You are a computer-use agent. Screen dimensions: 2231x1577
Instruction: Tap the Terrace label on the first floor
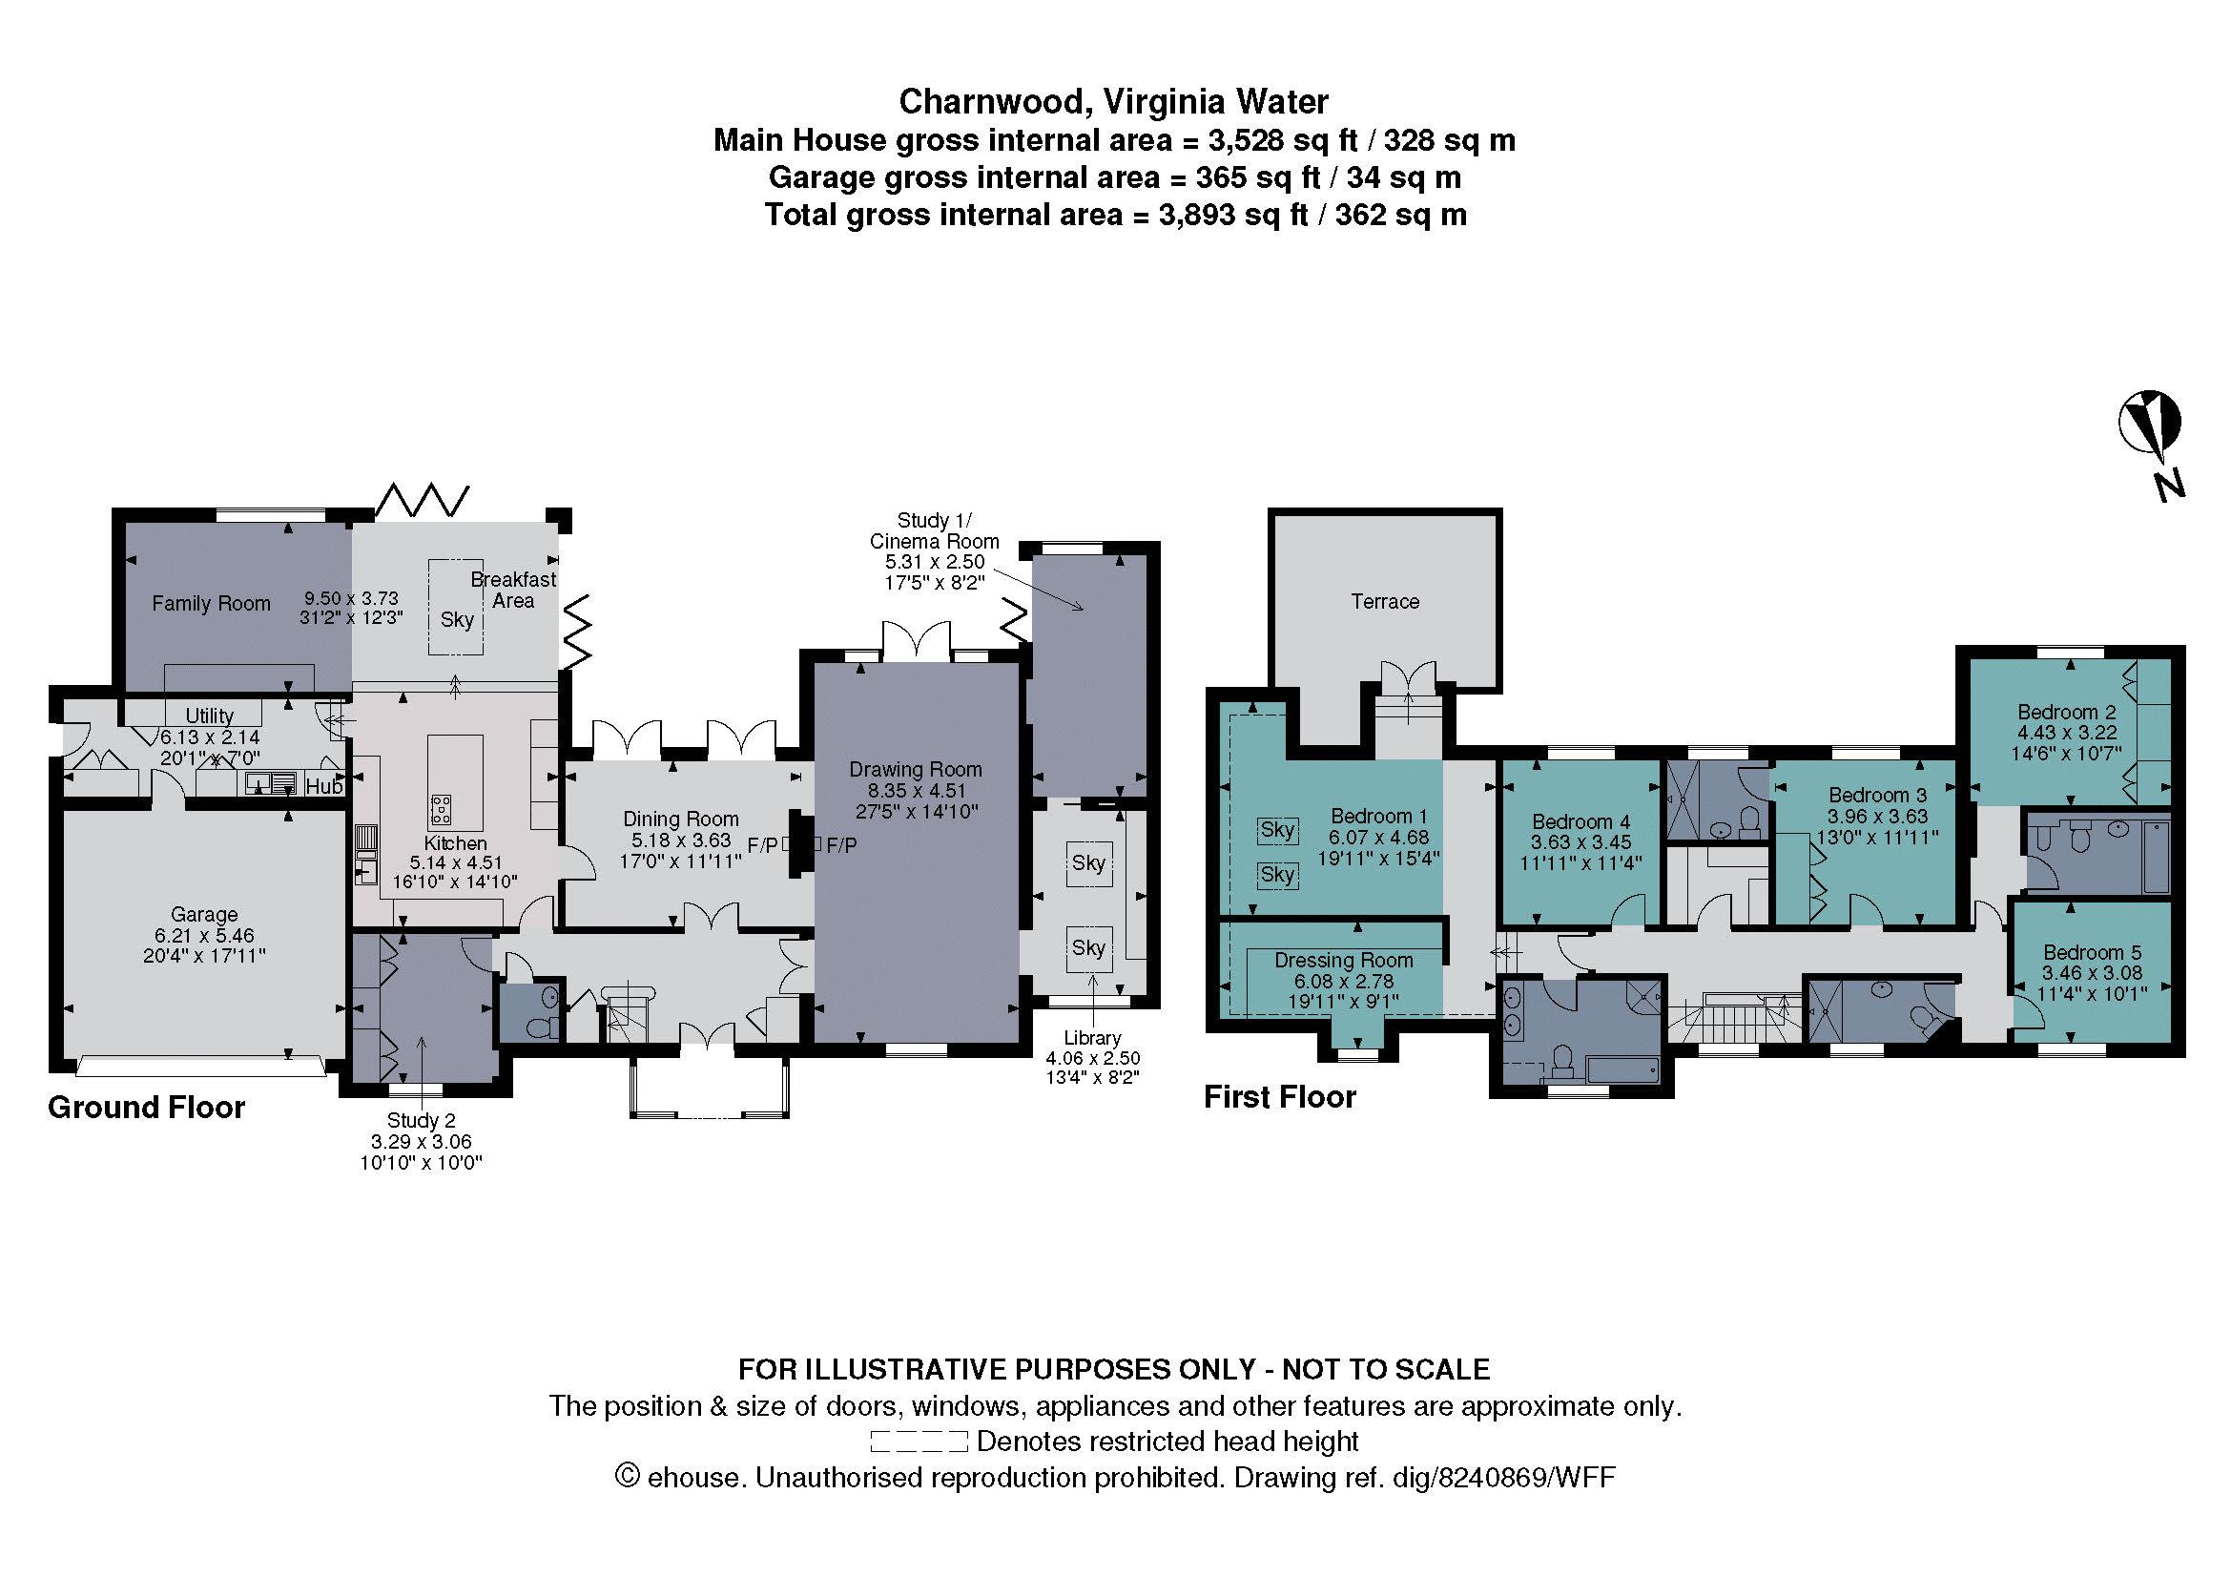(x=1385, y=601)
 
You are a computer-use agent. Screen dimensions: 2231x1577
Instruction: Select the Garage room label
(x=204, y=914)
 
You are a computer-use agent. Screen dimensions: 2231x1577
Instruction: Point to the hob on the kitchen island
(x=443, y=808)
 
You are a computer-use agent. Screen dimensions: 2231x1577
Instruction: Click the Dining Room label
(x=680, y=820)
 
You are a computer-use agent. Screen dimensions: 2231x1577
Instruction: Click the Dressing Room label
(x=1343, y=960)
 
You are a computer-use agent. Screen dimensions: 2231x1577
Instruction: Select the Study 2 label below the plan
(x=421, y=1120)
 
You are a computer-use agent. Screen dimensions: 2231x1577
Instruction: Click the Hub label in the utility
(x=324, y=786)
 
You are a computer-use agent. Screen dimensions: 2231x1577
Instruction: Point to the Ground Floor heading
(x=147, y=1107)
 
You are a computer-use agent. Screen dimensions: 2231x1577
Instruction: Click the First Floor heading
(x=1280, y=1097)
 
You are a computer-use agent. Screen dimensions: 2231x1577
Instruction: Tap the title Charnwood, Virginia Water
(x=1113, y=101)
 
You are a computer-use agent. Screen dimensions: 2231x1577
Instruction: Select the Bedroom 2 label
(x=2067, y=712)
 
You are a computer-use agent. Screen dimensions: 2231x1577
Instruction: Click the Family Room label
(x=211, y=603)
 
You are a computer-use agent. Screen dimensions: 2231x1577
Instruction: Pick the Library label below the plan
(x=1092, y=1038)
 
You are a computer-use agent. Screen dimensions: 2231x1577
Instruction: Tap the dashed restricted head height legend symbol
(x=919, y=1441)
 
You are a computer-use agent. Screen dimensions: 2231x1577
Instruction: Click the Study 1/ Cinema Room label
(x=934, y=530)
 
